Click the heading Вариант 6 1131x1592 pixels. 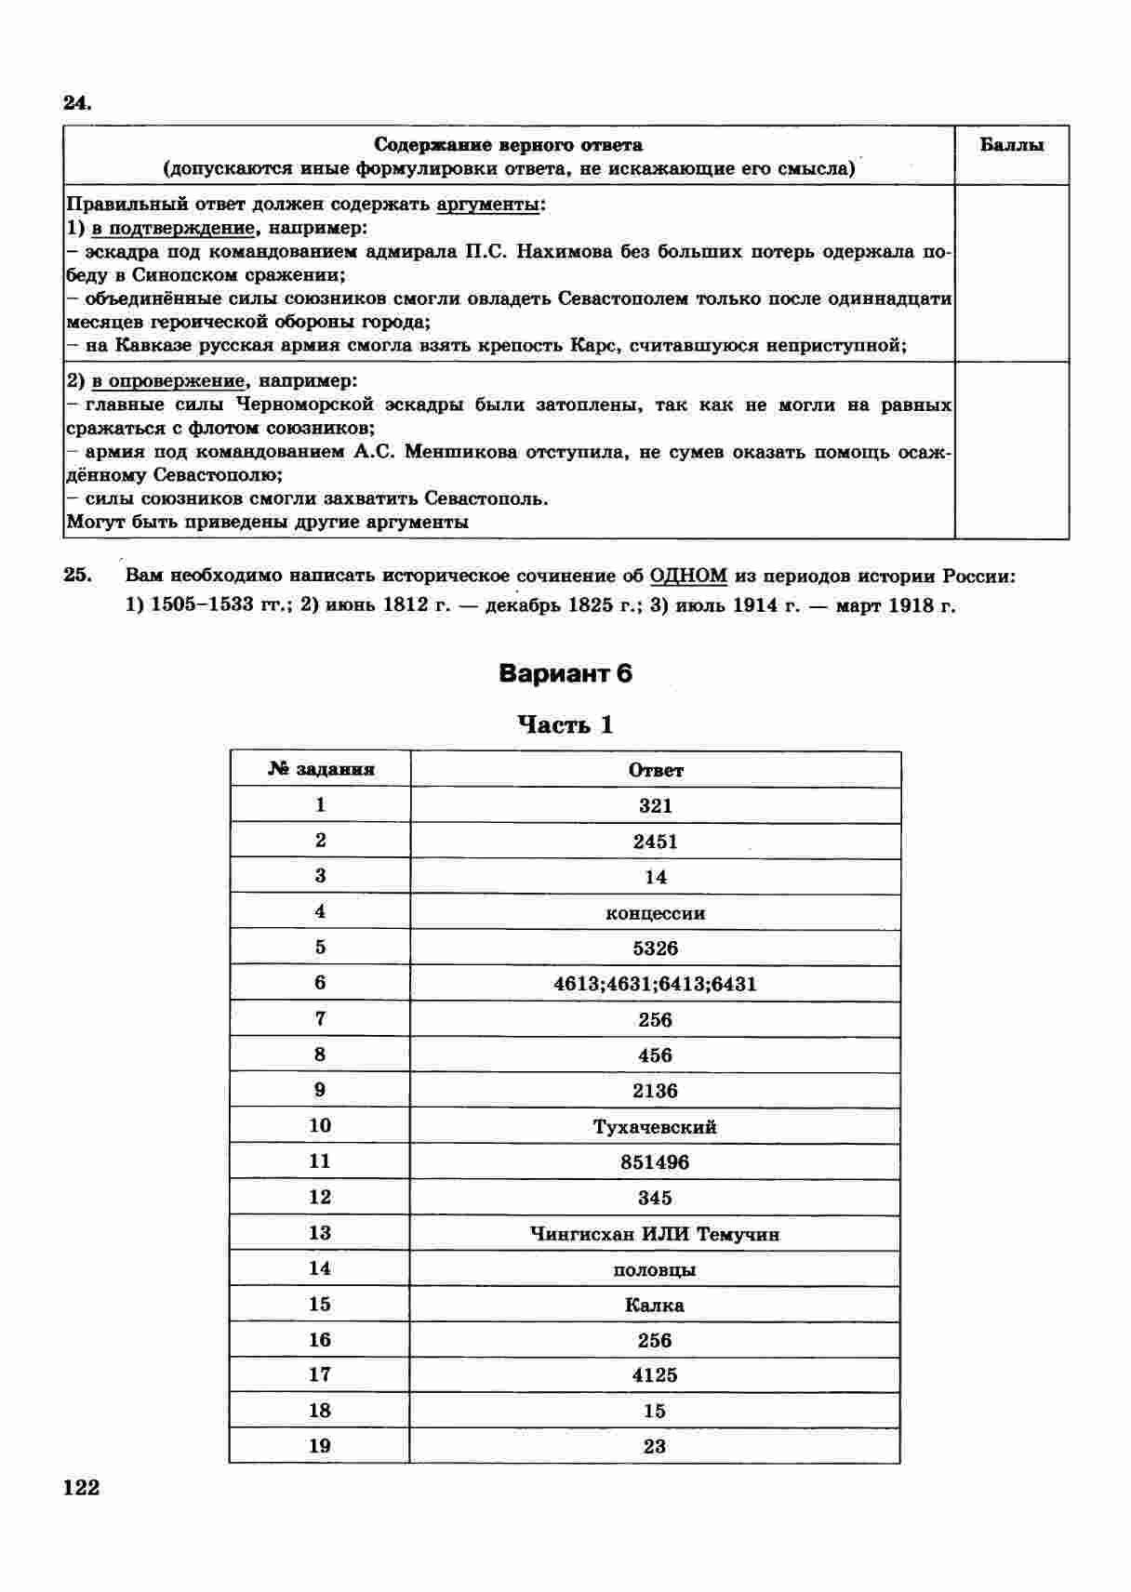565,673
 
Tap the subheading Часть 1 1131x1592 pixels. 565,724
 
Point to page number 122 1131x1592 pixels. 81,1488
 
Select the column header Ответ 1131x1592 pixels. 656,770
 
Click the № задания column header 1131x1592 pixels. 321,769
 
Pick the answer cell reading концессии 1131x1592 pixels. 656,913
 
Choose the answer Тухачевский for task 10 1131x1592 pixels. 656,1127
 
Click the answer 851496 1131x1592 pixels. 656,1162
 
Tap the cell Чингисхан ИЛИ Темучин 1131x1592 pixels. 656,1234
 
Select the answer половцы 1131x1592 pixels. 656,1270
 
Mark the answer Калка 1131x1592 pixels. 656,1306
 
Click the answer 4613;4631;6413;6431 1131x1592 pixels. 656,984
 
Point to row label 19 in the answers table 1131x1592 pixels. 320,1445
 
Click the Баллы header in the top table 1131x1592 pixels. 1012,145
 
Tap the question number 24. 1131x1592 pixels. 77,102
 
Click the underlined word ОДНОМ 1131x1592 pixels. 689,576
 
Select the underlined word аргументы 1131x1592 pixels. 488,204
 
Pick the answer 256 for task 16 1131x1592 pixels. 656,1341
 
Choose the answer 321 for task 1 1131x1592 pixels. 656,805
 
